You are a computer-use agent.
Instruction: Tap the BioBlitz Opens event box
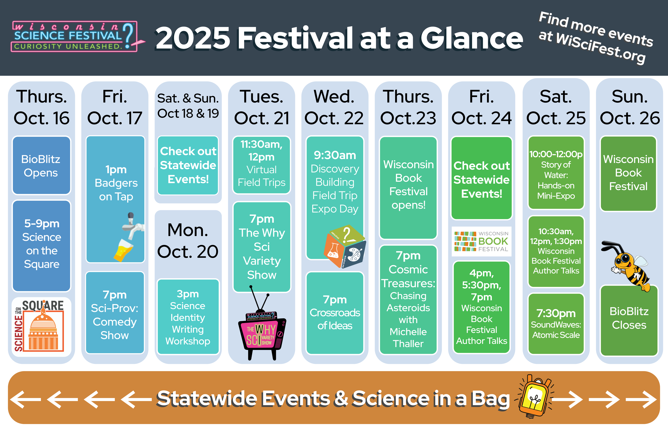click(41, 165)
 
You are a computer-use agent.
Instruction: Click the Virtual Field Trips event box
click(262, 165)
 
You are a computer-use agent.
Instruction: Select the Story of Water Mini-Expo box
click(556, 173)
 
